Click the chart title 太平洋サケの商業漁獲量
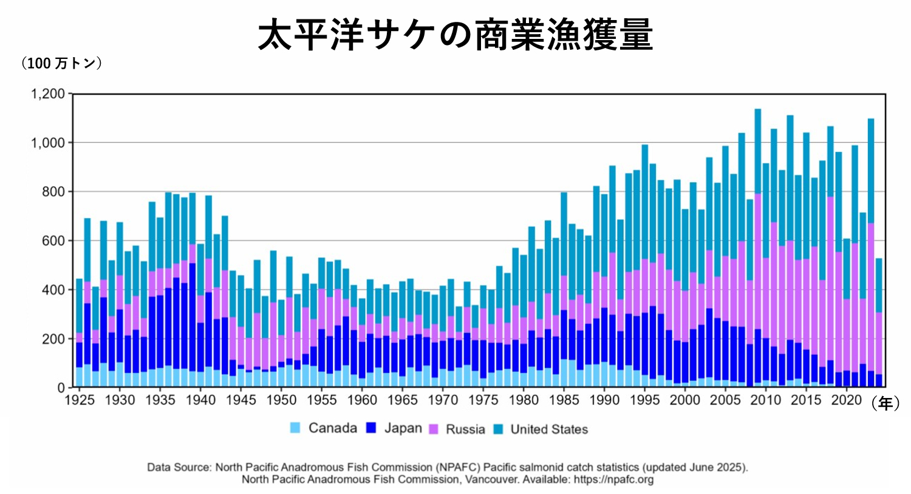[x=455, y=35]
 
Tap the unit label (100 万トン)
[x=61, y=63]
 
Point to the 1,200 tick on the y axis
[x=47, y=94]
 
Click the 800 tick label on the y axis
[x=52, y=192]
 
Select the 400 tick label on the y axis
[x=52, y=290]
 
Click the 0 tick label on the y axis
[x=61, y=388]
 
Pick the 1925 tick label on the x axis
[x=80, y=400]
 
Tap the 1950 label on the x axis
[x=281, y=400]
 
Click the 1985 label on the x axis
[x=564, y=400]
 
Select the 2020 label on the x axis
[x=847, y=400]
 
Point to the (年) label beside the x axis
[x=885, y=403]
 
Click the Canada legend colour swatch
[x=296, y=428]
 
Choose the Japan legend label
[x=403, y=428]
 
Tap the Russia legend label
[x=465, y=429]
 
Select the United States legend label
[x=549, y=429]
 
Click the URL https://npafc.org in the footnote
[x=613, y=479]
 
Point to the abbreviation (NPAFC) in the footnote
[x=457, y=467]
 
